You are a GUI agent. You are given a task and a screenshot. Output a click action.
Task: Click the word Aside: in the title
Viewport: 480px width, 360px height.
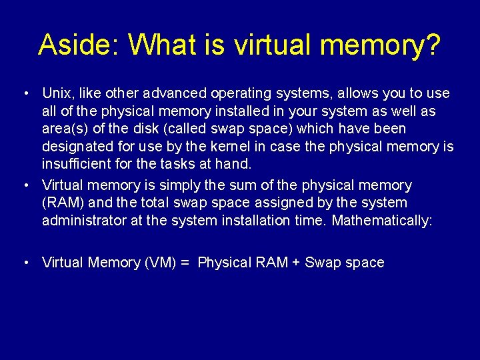coord(79,45)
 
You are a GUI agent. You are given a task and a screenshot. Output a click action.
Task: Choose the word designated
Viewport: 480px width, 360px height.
coord(75,146)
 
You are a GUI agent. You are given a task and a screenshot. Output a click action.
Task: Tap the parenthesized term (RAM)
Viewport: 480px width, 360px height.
coord(61,203)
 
